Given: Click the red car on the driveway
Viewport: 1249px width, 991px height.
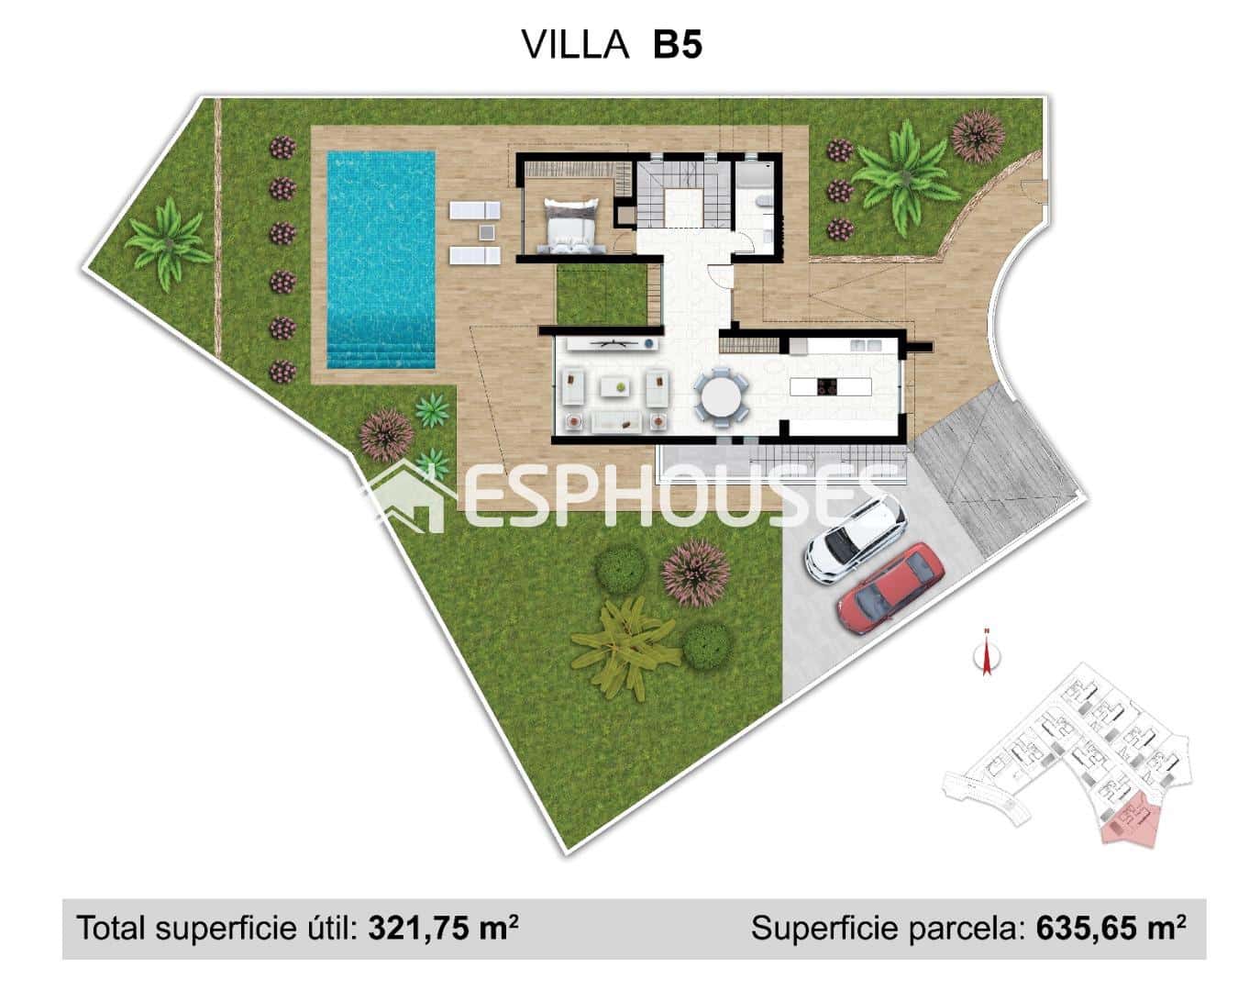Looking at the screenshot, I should pos(890,588).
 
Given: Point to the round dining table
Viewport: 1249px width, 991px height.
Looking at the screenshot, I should pos(721,397).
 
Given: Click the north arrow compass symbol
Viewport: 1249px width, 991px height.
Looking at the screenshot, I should pos(987,654).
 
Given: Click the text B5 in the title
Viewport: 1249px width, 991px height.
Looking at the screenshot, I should pos(677,44).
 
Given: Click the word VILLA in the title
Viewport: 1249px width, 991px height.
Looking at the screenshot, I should pos(575,44).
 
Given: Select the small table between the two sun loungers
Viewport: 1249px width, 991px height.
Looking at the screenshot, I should pos(486,232).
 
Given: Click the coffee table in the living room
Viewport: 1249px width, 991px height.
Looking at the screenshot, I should pos(615,387).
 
